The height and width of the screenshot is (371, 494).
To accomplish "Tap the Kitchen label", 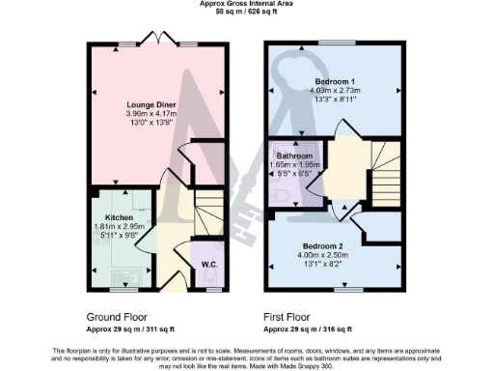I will (x=119, y=217).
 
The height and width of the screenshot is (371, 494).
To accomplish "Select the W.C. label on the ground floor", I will (x=207, y=265).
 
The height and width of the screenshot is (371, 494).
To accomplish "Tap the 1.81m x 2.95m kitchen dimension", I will (x=119, y=226).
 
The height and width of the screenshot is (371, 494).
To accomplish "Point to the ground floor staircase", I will (x=207, y=209).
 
